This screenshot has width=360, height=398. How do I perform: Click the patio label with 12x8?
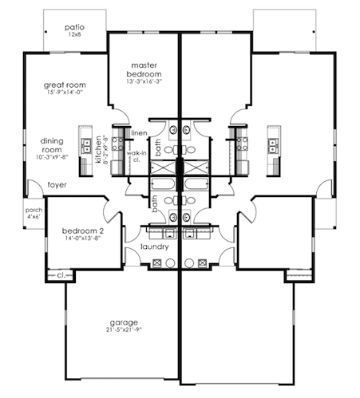(x=75, y=30)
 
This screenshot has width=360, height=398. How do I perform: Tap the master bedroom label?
(x=144, y=69)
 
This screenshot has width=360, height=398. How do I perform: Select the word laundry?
(x=153, y=246)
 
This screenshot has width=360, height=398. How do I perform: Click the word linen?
(x=140, y=132)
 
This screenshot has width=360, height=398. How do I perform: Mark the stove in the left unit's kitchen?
(x=117, y=144)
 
